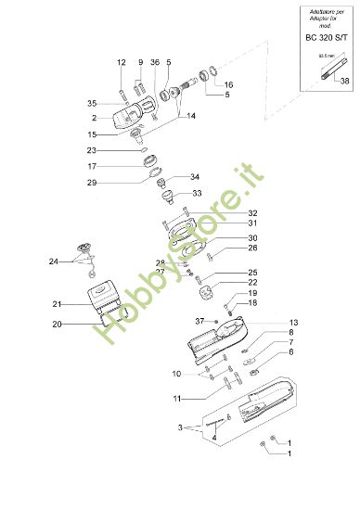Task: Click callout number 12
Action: [121, 62]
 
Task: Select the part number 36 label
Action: [154, 62]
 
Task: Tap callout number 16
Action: [228, 84]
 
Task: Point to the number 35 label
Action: [118, 103]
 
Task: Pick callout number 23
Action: [118, 150]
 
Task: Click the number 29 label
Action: [118, 183]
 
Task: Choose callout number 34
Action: [195, 176]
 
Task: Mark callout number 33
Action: [195, 196]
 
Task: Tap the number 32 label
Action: [225, 213]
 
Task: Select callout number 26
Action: [226, 248]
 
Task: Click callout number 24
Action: [54, 262]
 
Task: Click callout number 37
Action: [199, 320]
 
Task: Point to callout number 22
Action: [226, 282]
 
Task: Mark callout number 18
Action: [226, 303]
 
